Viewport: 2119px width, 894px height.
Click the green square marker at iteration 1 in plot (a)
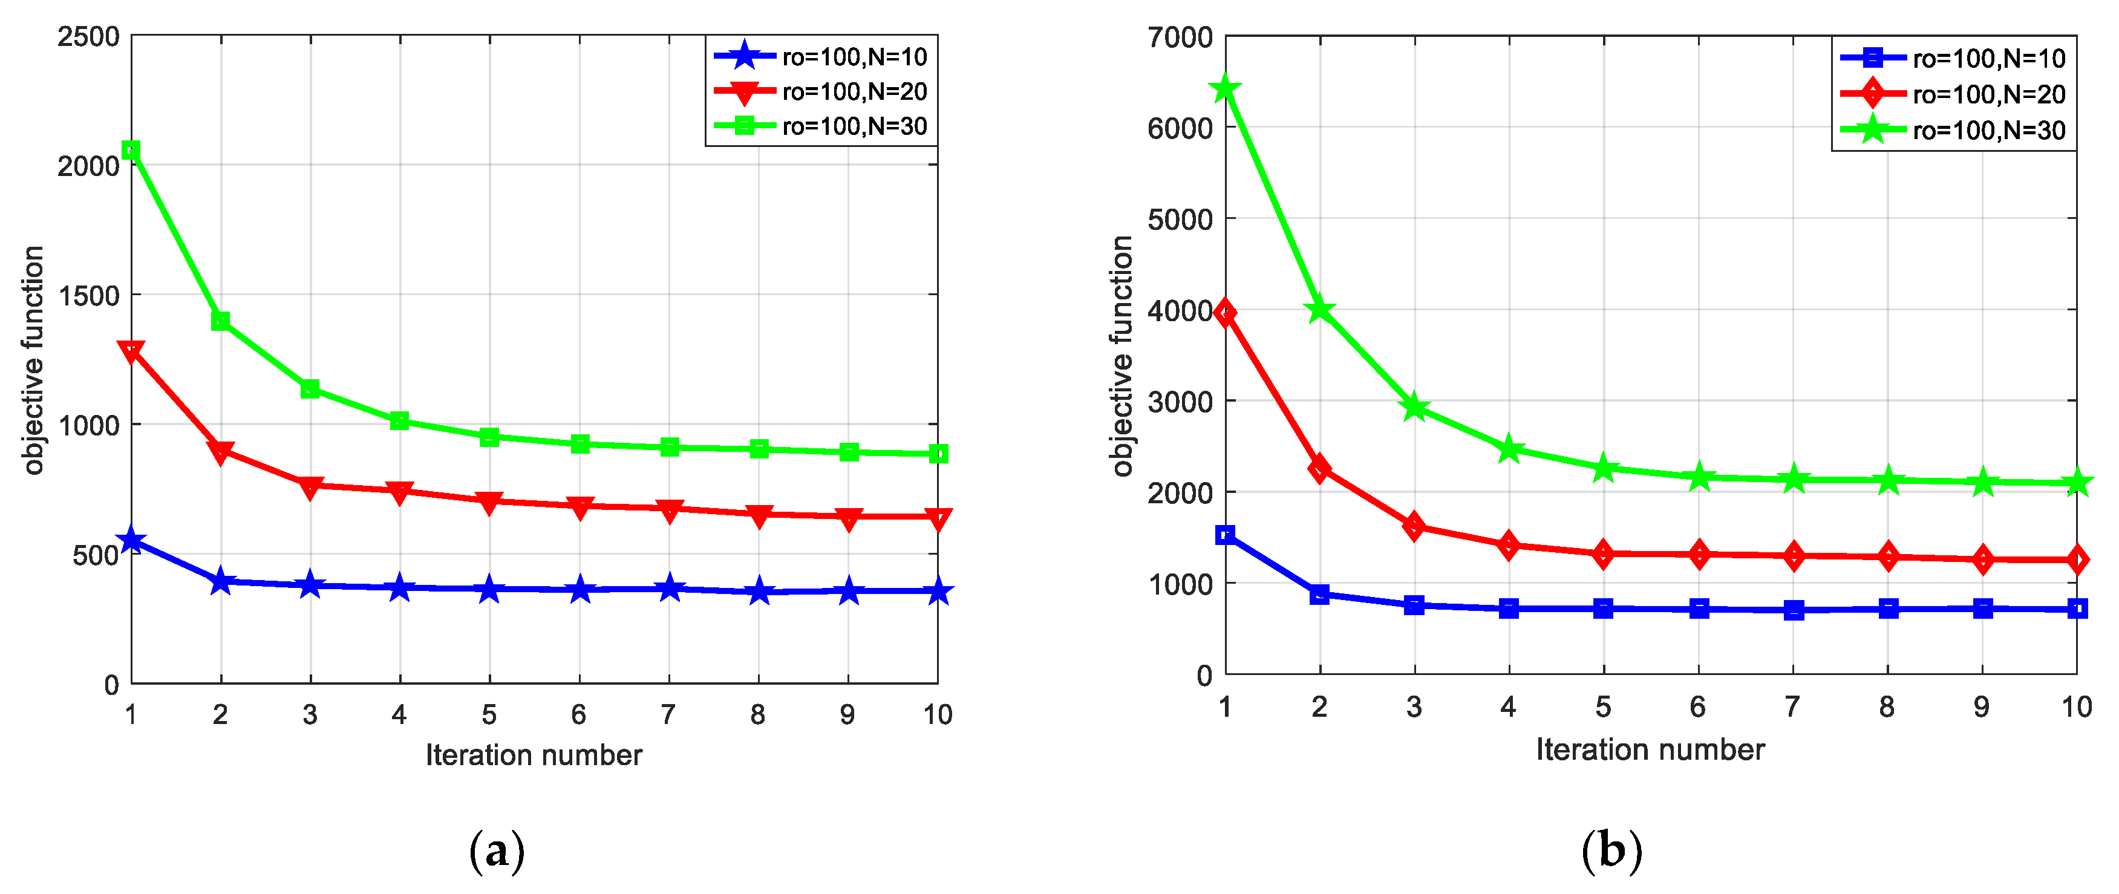point(131,149)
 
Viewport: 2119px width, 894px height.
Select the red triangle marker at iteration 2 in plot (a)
point(220,451)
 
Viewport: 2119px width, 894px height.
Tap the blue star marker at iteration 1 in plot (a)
point(131,540)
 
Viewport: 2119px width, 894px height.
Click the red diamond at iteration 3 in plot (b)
point(1414,526)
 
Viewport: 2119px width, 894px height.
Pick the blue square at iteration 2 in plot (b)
point(1319,594)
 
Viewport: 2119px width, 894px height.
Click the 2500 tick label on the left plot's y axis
point(88,37)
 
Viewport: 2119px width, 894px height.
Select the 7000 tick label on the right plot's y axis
point(1180,37)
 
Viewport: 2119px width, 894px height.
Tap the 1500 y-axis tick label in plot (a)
point(88,296)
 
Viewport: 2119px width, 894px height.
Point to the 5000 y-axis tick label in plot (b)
point(1180,220)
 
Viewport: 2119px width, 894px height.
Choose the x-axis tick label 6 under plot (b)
point(1698,706)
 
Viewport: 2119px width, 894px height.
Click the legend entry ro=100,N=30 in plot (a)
point(854,126)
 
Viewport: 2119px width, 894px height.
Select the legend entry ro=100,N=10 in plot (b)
point(1988,59)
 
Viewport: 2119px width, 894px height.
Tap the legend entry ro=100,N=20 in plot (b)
point(1988,94)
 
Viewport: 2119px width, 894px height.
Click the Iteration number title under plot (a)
point(533,754)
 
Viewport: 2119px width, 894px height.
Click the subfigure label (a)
point(496,851)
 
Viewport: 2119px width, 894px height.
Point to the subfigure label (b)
point(1611,851)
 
